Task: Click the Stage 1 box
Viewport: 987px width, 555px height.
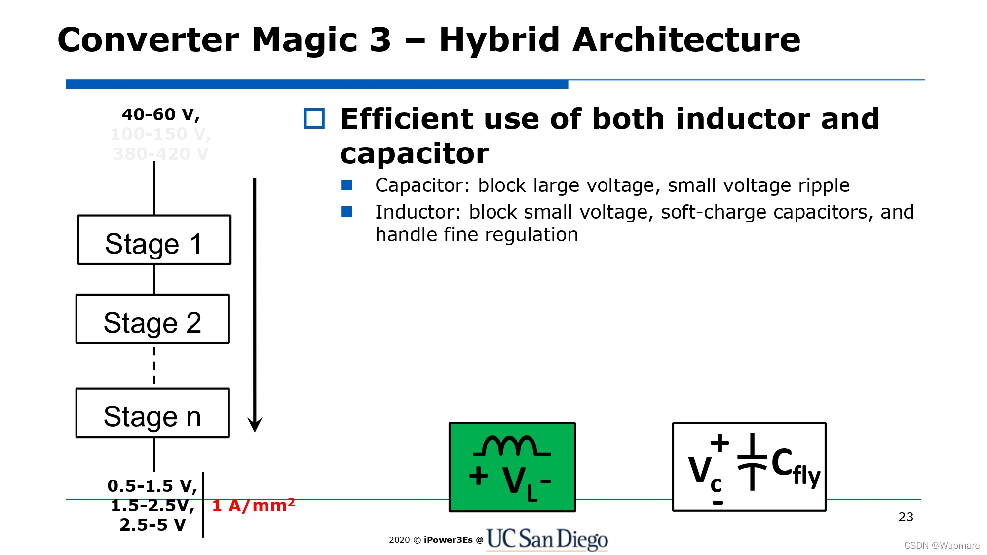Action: [154, 240]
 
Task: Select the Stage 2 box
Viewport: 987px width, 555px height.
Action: [152, 319]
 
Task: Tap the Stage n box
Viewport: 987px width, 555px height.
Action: [152, 413]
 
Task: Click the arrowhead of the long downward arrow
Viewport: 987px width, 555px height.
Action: [255, 424]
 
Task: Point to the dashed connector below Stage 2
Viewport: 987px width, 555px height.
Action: [154, 366]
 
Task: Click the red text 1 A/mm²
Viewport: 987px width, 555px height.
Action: [253, 505]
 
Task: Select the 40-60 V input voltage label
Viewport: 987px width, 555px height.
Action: [160, 114]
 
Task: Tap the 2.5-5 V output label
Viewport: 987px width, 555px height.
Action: [152, 525]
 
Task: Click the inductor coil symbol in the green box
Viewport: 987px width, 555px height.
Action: [511, 446]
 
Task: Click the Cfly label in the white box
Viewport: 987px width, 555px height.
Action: [795, 466]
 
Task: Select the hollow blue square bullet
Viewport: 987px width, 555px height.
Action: [314, 118]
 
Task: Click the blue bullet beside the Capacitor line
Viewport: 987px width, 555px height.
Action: [346, 185]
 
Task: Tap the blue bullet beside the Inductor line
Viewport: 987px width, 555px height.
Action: [346, 212]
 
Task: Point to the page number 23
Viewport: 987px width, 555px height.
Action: [906, 517]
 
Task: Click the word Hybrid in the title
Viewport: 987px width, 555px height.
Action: [499, 40]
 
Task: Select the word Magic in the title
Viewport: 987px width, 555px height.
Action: [304, 40]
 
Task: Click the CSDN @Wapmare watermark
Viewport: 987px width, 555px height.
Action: [941, 545]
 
